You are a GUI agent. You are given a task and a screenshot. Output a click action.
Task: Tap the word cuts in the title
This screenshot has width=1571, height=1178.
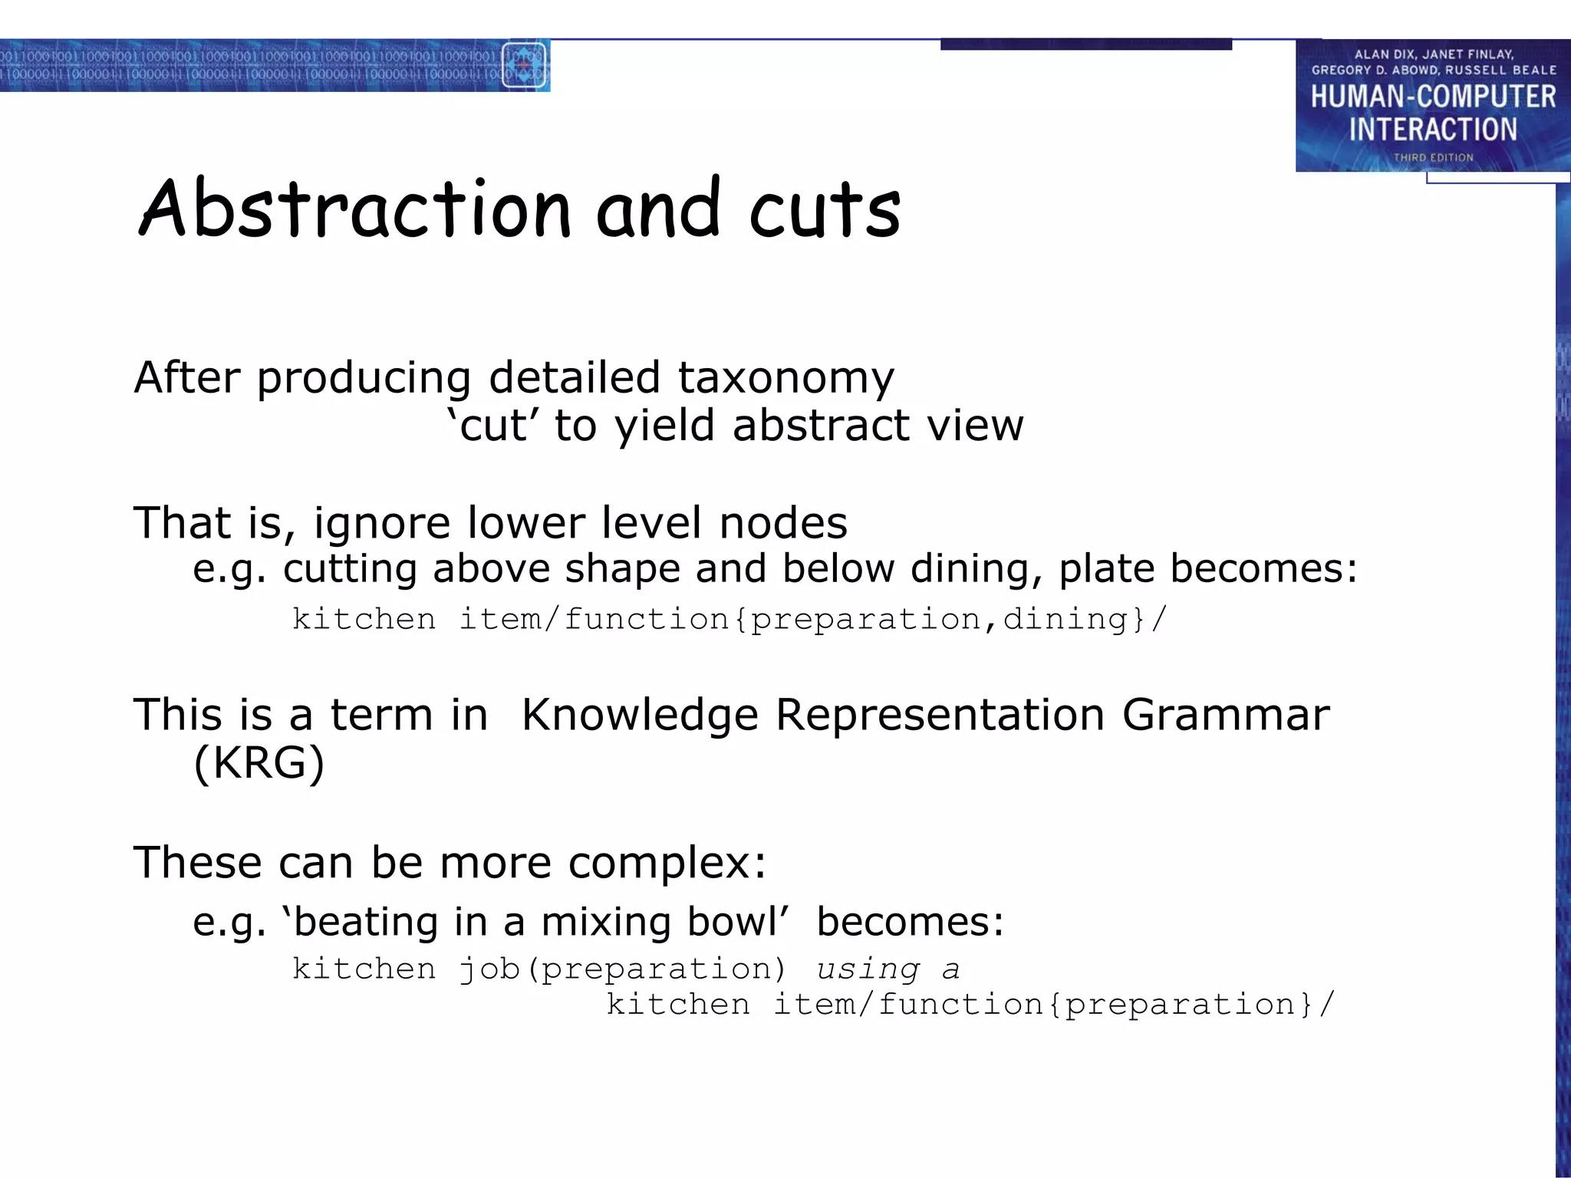pos(825,211)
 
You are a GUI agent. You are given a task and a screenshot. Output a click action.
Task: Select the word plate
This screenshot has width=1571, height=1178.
pos(1106,569)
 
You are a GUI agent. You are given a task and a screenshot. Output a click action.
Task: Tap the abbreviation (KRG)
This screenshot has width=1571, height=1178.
pos(259,763)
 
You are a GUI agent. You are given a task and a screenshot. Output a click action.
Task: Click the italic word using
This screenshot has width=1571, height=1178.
pos(868,969)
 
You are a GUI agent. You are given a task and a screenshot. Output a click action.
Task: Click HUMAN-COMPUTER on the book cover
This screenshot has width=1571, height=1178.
pos(1433,97)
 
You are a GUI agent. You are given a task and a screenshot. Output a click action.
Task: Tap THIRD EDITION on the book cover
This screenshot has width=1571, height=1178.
pos(1433,157)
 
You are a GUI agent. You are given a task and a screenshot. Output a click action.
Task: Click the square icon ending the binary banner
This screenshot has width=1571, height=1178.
pos(524,66)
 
